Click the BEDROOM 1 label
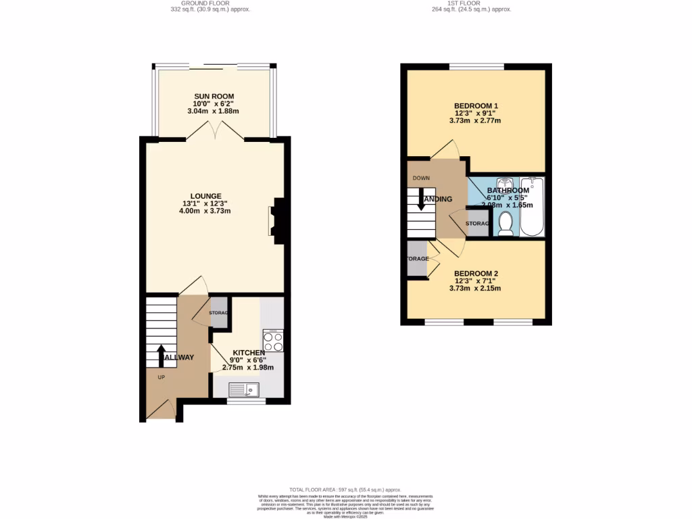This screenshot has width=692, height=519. (x=476, y=106)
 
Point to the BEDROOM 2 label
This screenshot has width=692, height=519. (x=476, y=273)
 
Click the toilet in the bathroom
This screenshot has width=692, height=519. (x=505, y=224)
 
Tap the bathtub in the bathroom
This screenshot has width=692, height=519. (x=532, y=206)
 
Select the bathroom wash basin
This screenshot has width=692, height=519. (x=504, y=184)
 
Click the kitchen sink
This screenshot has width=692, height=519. (x=244, y=389)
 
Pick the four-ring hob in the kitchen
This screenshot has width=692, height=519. (x=273, y=341)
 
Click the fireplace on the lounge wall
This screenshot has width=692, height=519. (x=278, y=220)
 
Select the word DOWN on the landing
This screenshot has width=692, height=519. (x=421, y=178)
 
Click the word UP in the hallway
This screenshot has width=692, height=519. (x=161, y=377)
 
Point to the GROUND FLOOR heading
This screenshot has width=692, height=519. (x=201, y=3)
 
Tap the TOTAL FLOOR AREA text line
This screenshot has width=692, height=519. (x=345, y=489)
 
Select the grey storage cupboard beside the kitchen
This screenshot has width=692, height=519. (x=219, y=312)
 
